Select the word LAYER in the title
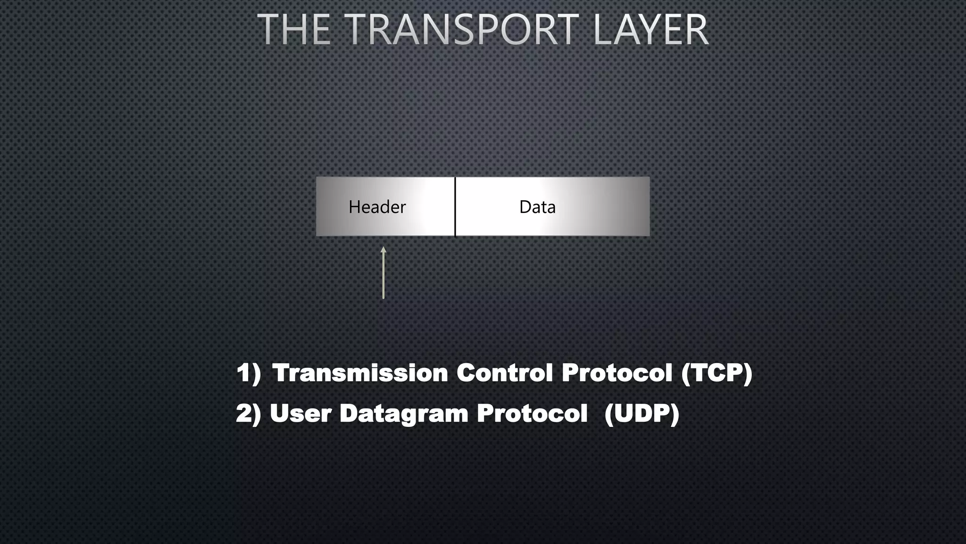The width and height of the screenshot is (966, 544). [x=651, y=30]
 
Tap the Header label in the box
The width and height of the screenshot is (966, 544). [x=377, y=207]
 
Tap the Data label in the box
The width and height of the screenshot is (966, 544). [x=537, y=207]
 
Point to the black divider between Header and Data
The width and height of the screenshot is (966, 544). [x=455, y=207]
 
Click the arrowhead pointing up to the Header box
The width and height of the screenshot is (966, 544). [x=383, y=250]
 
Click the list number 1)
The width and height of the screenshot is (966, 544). [x=249, y=373]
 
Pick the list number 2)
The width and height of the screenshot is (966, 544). [x=249, y=414]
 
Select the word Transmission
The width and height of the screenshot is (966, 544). [x=360, y=373]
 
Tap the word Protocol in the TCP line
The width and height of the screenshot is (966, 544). [x=616, y=373]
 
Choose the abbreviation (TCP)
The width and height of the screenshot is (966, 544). [x=716, y=373]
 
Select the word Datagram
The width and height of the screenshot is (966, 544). [x=404, y=414]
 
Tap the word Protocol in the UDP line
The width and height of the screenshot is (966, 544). [x=532, y=414]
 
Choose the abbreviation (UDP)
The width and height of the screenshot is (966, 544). [x=641, y=414]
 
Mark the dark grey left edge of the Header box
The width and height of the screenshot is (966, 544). [x=320, y=207]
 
